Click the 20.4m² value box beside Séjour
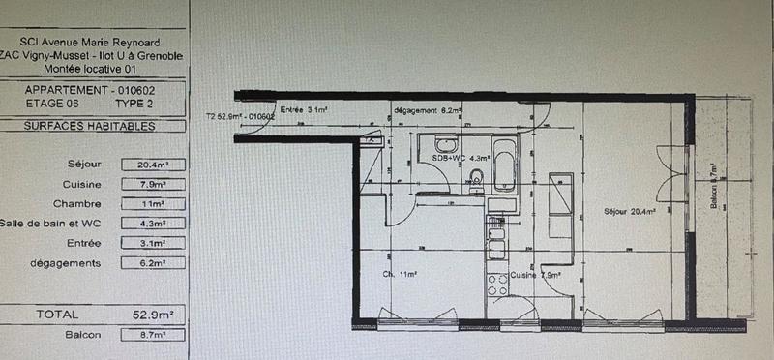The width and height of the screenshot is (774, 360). coord(153,164)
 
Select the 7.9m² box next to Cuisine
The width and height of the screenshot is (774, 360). coord(153,184)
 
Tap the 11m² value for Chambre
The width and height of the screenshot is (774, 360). coord(153,204)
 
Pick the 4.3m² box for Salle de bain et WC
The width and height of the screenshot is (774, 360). coord(153,225)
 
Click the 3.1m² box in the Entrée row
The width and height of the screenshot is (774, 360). coord(153,244)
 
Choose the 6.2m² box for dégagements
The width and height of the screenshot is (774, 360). coord(153,263)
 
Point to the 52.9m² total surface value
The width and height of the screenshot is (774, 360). coord(153,315)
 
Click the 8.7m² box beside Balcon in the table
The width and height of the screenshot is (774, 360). coord(153,335)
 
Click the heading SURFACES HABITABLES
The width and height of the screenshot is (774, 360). coord(89,126)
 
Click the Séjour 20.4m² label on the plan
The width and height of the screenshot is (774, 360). coord(630,212)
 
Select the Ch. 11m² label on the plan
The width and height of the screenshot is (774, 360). coord(400,275)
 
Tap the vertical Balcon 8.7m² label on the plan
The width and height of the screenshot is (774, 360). coord(713,189)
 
